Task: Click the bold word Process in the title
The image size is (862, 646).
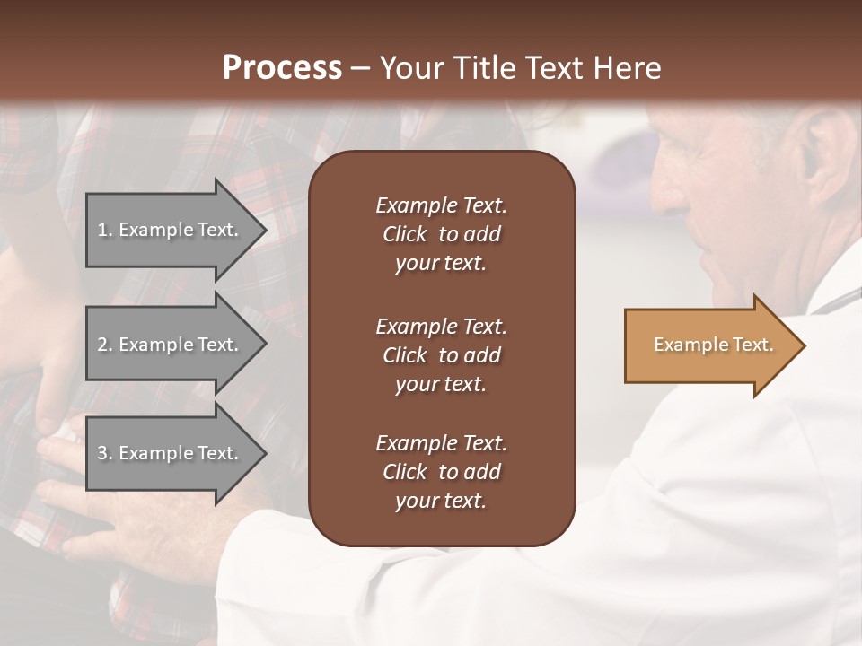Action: click(x=282, y=68)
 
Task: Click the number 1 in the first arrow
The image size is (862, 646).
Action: click(x=102, y=230)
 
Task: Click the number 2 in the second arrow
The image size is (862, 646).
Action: click(x=102, y=345)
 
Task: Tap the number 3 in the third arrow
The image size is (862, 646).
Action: click(x=102, y=453)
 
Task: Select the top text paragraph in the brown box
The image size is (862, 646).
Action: click(x=441, y=234)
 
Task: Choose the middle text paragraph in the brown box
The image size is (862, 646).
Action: click(x=441, y=355)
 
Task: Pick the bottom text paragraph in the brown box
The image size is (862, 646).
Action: click(x=441, y=472)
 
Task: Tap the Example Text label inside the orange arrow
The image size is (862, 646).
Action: click(x=713, y=345)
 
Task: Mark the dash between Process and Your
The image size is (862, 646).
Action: click(x=360, y=68)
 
